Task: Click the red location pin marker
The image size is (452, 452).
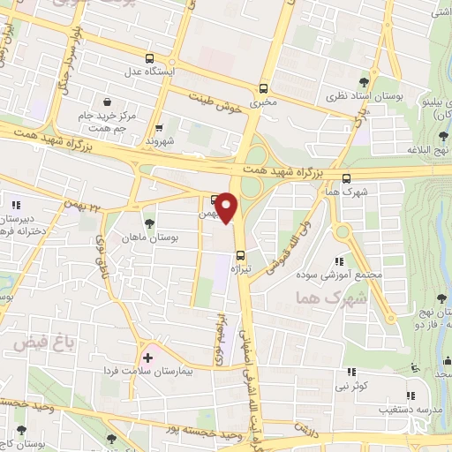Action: tap(227, 207)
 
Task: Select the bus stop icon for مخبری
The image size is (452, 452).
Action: tap(264, 88)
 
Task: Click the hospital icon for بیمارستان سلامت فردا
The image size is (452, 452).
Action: tap(147, 358)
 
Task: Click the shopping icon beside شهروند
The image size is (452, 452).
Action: tap(160, 128)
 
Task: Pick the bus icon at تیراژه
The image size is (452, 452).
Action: tap(240, 258)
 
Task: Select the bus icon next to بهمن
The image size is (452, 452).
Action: tap(215, 199)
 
